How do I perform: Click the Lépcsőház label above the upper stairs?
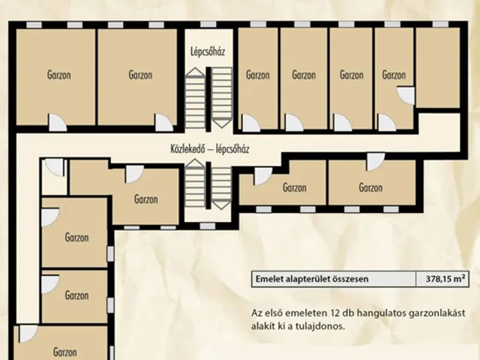[x=208, y=52]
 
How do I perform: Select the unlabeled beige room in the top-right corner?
[x=438, y=67]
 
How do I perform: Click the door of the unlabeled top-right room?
[x=406, y=96]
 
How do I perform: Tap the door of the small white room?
[x=55, y=167]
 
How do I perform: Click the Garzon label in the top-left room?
[x=58, y=75]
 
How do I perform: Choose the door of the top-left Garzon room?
[x=58, y=122]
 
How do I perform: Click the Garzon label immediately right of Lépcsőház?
[x=258, y=75]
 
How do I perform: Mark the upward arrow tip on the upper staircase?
[x=195, y=68]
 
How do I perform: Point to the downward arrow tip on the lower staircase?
[x=221, y=209]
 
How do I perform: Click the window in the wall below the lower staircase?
[x=208, y=226]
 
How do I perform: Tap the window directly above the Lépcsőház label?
[x=208, y=24]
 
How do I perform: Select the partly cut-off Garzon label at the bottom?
[x=65, y=352]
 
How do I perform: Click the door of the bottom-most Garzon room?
[x=28, y=334]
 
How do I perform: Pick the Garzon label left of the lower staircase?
[x=146, y=199]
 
